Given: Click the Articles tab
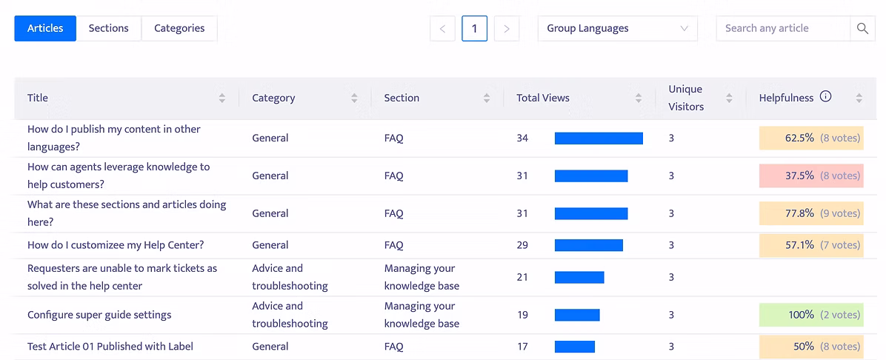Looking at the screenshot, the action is coord(45,28).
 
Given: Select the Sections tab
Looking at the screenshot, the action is coord(108,28).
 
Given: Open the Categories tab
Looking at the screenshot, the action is coord(179,28).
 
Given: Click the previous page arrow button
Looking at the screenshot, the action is coord(442,28).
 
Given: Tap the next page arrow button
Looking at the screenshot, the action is coord(507,28).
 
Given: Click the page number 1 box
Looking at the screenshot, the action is coord(475,28).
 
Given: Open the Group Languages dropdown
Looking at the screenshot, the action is coord(618,28).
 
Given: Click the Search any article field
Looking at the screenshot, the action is coord(783,28).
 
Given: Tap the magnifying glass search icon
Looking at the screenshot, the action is coord(862,28).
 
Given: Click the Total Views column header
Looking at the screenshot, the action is coord(543,98).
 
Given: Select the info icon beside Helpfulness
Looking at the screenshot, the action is coord(825,96).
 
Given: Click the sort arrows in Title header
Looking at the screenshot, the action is coord(222,98).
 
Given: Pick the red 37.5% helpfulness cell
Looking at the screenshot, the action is coord(811,176).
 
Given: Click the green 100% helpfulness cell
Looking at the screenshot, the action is coord(811,315).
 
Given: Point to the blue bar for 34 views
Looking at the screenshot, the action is coord(599,138).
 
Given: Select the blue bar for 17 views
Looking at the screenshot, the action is coord(575,347).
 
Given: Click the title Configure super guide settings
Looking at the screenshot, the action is coord(99,315).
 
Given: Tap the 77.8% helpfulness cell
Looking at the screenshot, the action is coord(811,213).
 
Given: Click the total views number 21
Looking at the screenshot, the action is coord(522,277).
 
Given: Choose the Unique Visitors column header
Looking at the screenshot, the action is coord(686,98).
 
